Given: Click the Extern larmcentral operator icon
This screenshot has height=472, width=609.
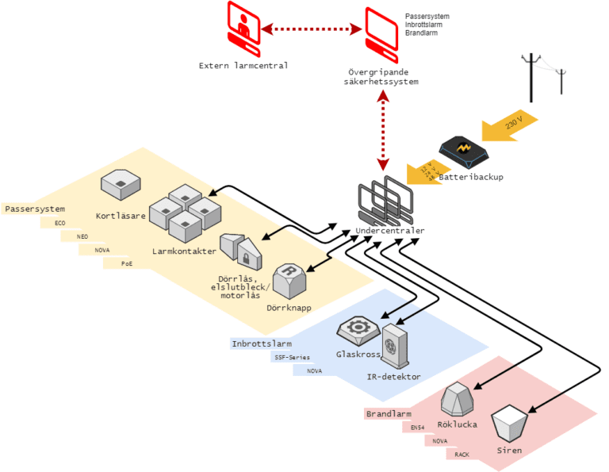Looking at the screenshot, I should tap(244, 29).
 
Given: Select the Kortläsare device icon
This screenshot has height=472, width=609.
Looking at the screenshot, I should tap(121, 187).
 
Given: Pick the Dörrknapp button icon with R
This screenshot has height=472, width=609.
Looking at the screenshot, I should tap(289, 280).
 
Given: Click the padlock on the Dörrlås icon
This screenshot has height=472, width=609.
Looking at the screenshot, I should tap(247, 258).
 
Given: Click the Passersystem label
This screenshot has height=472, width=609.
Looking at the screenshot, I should tap(33, 209).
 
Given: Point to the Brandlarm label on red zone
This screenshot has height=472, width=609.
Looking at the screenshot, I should tap(389, 414).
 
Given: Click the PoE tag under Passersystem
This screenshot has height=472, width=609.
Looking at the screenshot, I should tap(127, 263).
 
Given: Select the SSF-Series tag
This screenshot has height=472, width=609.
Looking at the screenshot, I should tap(291, 357).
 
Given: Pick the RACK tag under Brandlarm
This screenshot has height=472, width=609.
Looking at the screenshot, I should tap(462, 455).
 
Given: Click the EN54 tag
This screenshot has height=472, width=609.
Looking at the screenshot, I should tap(417, 427).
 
